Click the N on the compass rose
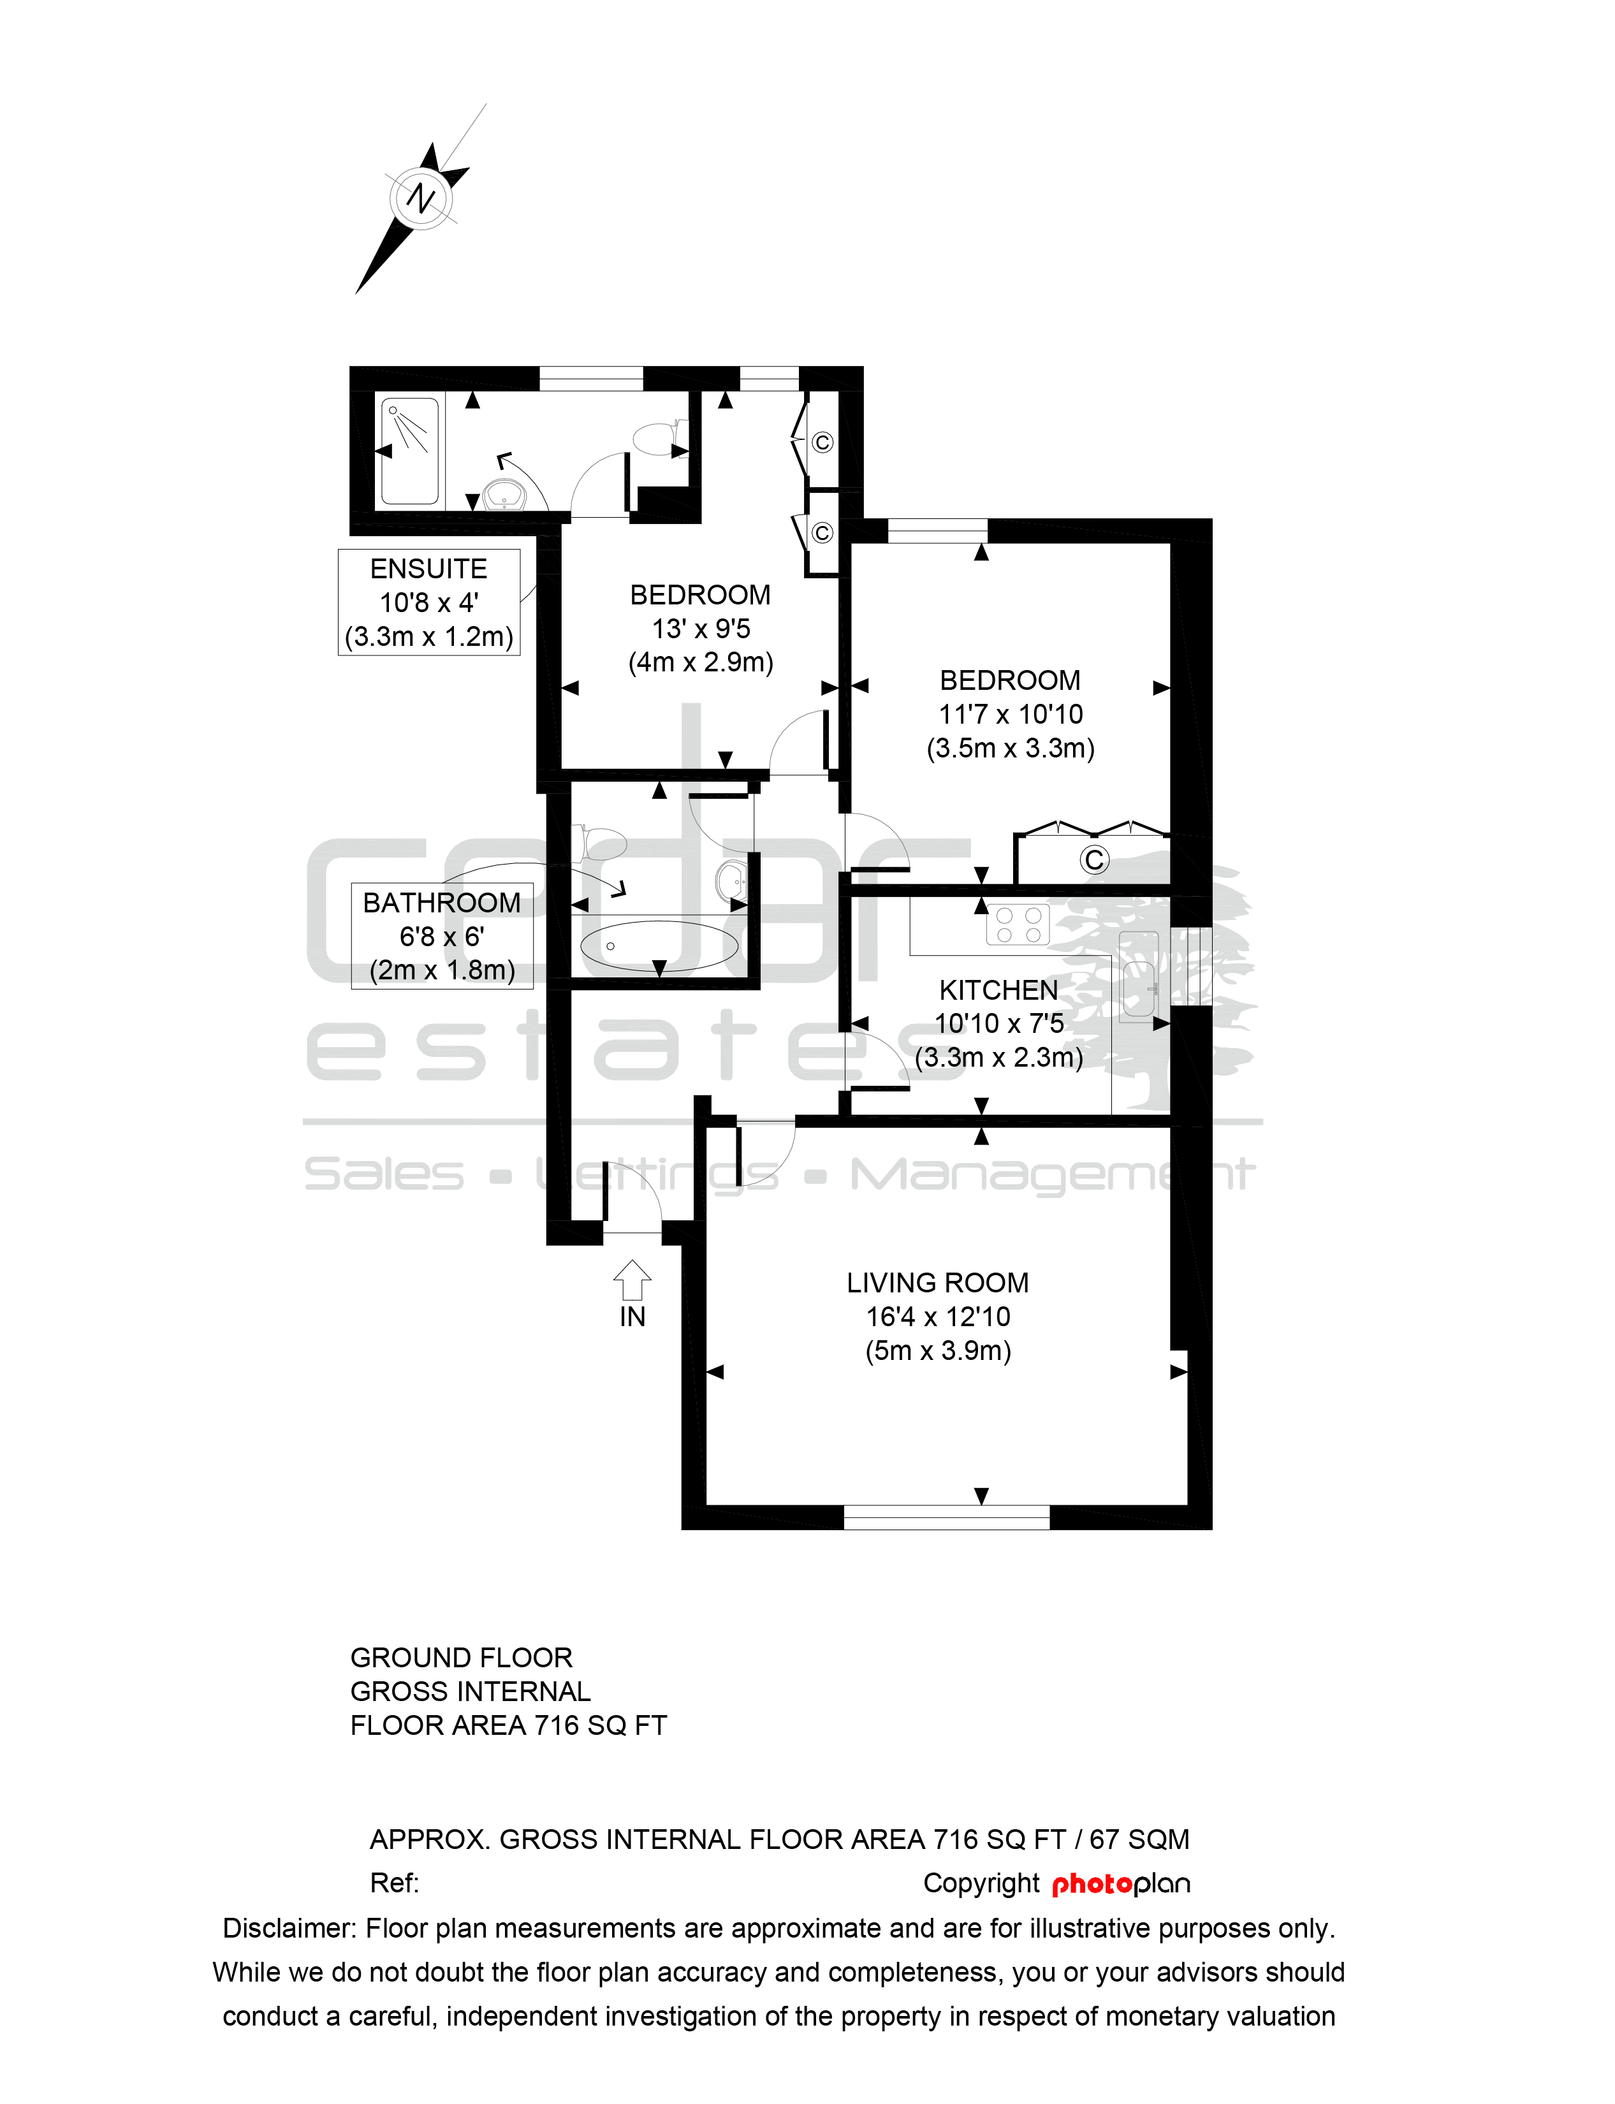(x=421, y=198)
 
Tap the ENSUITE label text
(x=428, y=569)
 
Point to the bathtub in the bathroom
(x=659, y=946)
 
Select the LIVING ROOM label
(x=937, y=1283)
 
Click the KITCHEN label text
(x=998, y=990)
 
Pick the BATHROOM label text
(x=441, y=903)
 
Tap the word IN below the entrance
(x=632, y=1317)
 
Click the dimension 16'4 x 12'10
(x=937, y=1317)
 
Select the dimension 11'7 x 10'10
(x=1011, y=714)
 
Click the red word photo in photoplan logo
(x=1092, y=1884)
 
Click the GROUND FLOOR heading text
(x=462, y=1658)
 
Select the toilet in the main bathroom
(x=599, y=843)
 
